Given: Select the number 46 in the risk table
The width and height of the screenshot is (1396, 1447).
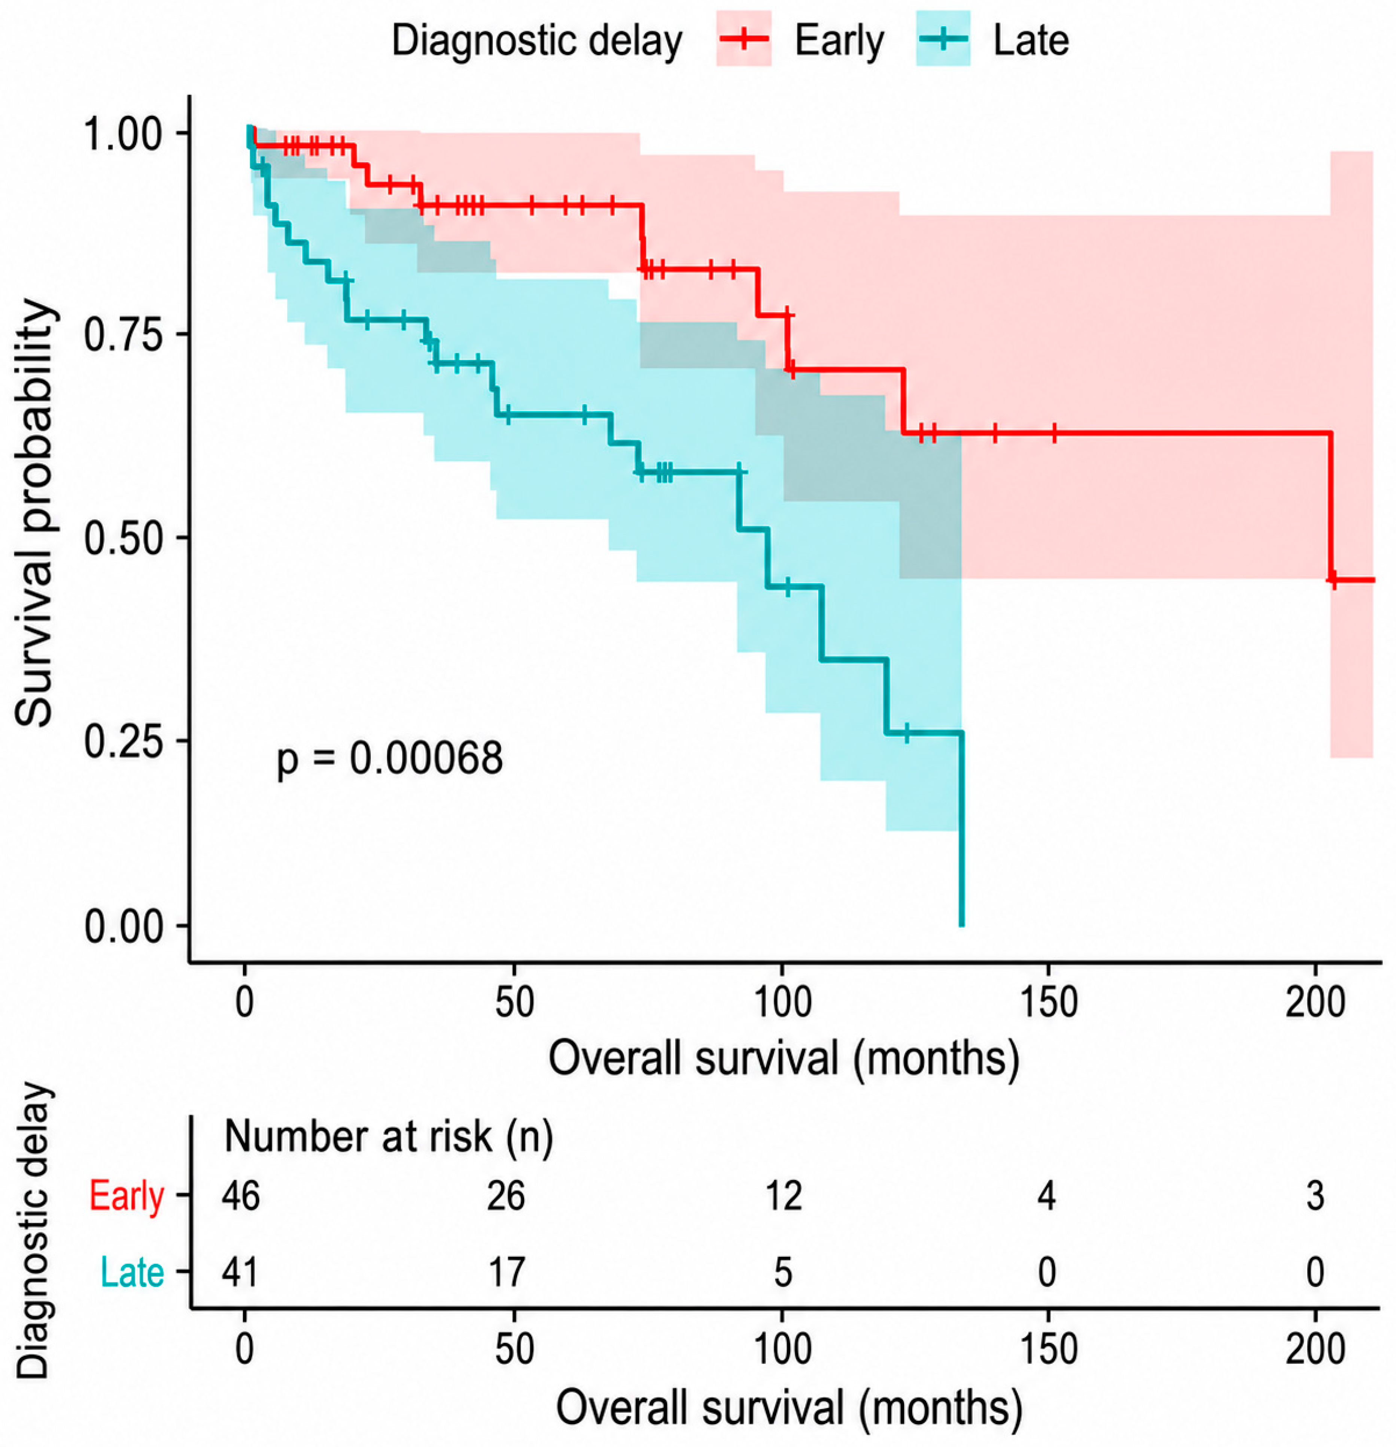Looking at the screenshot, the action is click(241, 1195).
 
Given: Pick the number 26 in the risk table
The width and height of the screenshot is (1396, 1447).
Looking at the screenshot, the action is click(507, 1195).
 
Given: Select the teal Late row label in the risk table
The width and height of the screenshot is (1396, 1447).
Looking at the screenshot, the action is click(132, 1272).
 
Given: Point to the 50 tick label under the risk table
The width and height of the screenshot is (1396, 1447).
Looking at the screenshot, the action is click(514, 1349).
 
